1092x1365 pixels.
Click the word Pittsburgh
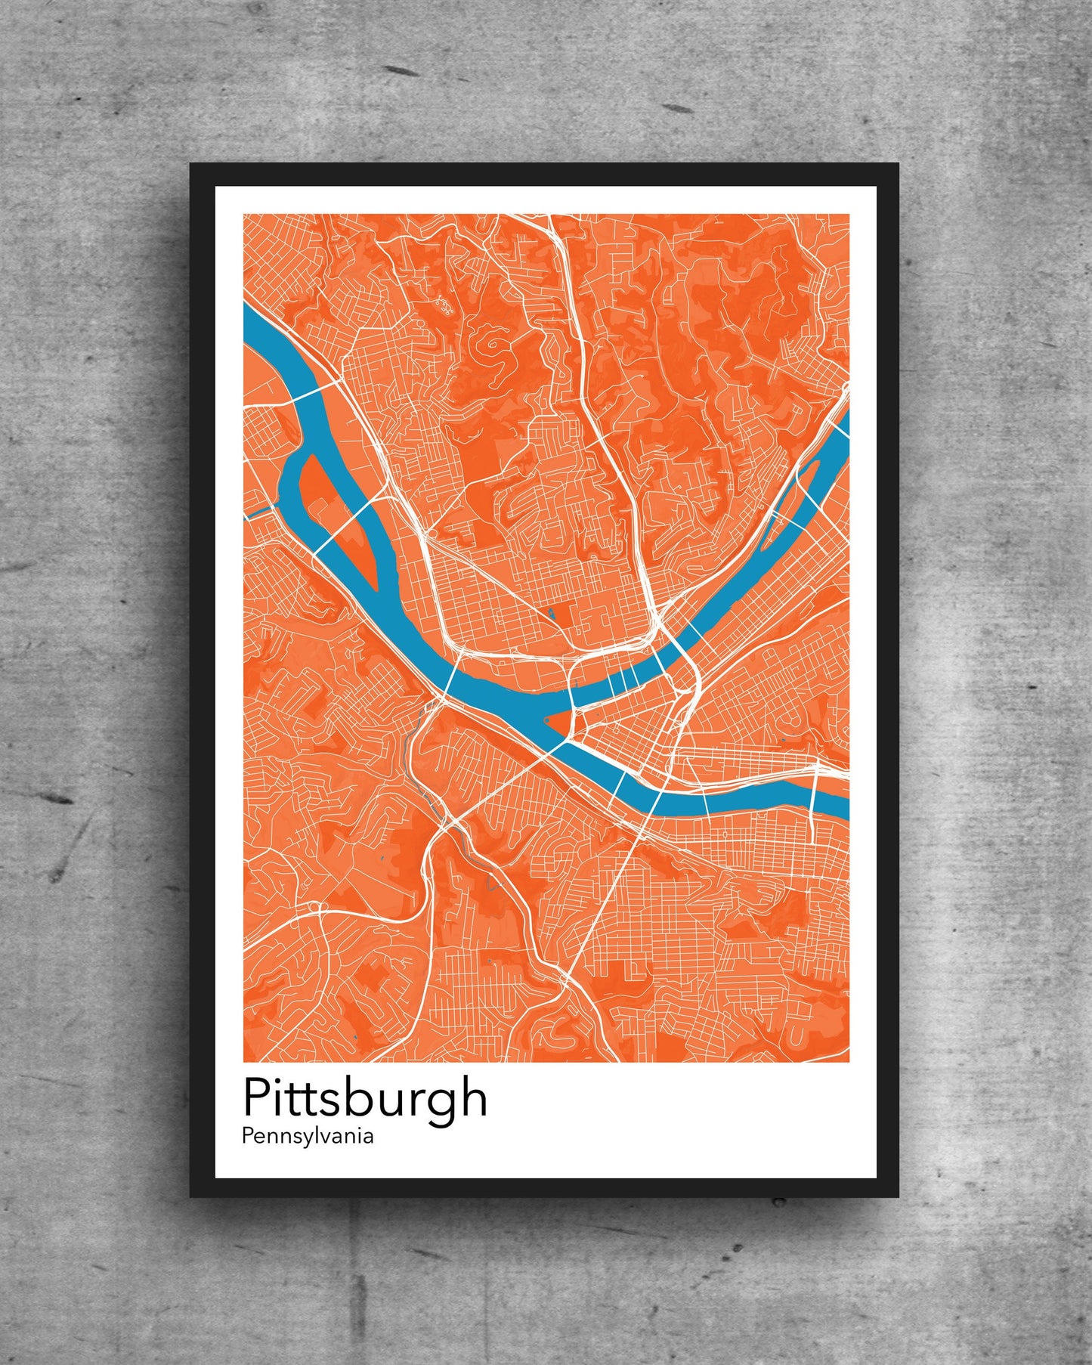tap(365, 1098)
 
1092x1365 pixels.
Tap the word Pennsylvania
tap(308, 1136)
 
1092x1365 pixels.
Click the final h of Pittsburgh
tap(473, 1097)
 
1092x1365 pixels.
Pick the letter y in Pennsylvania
tap(315, 1138)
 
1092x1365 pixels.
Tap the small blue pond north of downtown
tap(552, 614)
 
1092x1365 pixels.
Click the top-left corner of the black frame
tap(191, 165)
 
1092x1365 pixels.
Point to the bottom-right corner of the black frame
tap(898, 1196)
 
